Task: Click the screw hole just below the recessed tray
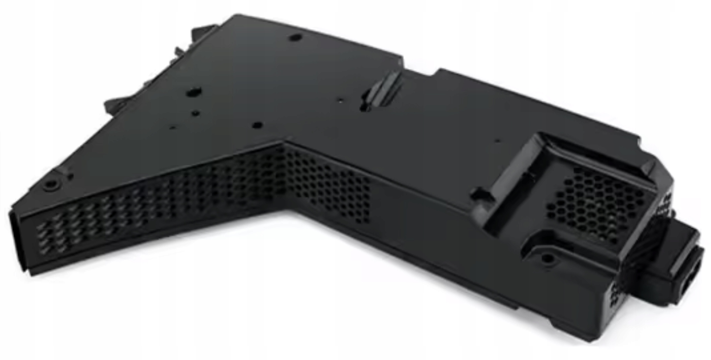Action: [x=546, y=257]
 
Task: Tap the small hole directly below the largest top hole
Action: [x=195, y=112]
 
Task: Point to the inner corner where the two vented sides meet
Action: [x=285, y=144]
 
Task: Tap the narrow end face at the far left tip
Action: [x=19, y=240]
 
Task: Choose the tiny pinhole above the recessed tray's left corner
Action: [x=498, y=140]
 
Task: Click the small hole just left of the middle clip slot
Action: [x=340, y=102]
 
